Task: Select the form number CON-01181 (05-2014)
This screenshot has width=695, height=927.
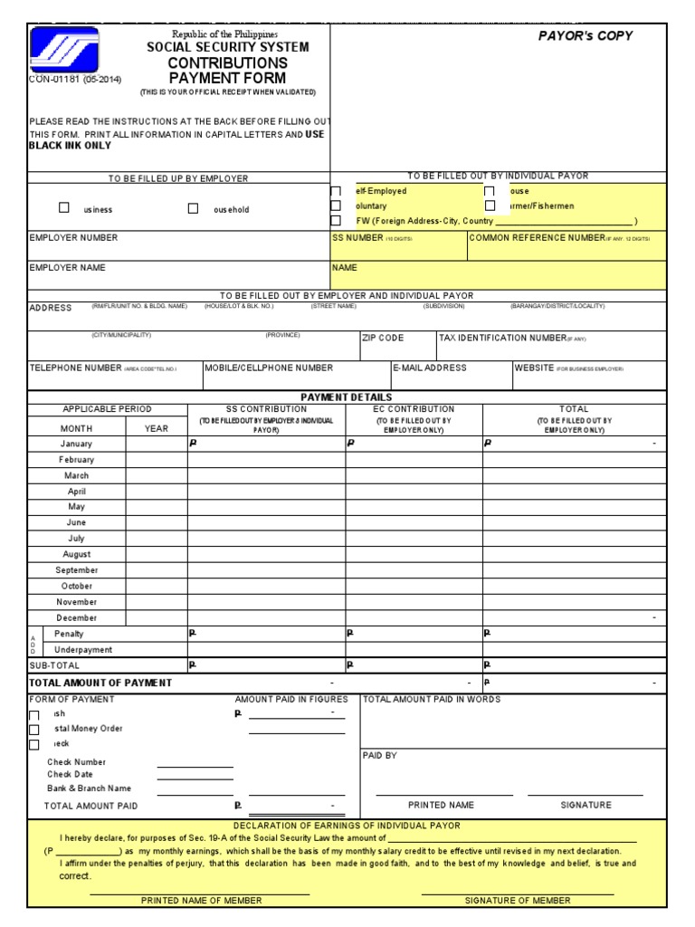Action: tap(75, 80)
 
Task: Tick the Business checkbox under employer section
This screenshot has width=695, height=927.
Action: tap(64, 208)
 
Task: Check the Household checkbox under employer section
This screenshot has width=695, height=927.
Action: tap(193, 208)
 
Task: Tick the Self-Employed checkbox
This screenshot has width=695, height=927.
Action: tap(337, 192)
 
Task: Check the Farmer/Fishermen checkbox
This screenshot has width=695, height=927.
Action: tap(490, 206)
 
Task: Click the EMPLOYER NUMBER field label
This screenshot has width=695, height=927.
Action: tap(73, 238)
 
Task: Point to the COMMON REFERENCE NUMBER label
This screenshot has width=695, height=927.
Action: tap(537, 237)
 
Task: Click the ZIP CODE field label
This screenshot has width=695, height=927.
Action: tap(383, 338)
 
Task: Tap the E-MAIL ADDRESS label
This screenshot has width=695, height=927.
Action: tap(431, 368)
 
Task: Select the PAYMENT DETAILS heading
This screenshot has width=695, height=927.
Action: tap(347, 397)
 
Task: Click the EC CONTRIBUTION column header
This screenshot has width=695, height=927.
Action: tap(414, 409)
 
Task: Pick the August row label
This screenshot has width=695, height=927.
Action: tap(77, 554)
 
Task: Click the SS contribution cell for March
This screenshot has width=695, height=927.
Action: tap(266, 475)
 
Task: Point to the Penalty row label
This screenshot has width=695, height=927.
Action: tap(70, 634)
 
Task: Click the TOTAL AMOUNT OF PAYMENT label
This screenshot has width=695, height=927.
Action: tap(100, 683)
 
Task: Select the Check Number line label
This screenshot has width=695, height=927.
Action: tap(77, 762)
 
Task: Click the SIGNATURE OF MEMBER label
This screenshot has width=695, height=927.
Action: tap(518, 901)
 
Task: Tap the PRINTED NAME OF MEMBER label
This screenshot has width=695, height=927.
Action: tap(202, 901)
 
